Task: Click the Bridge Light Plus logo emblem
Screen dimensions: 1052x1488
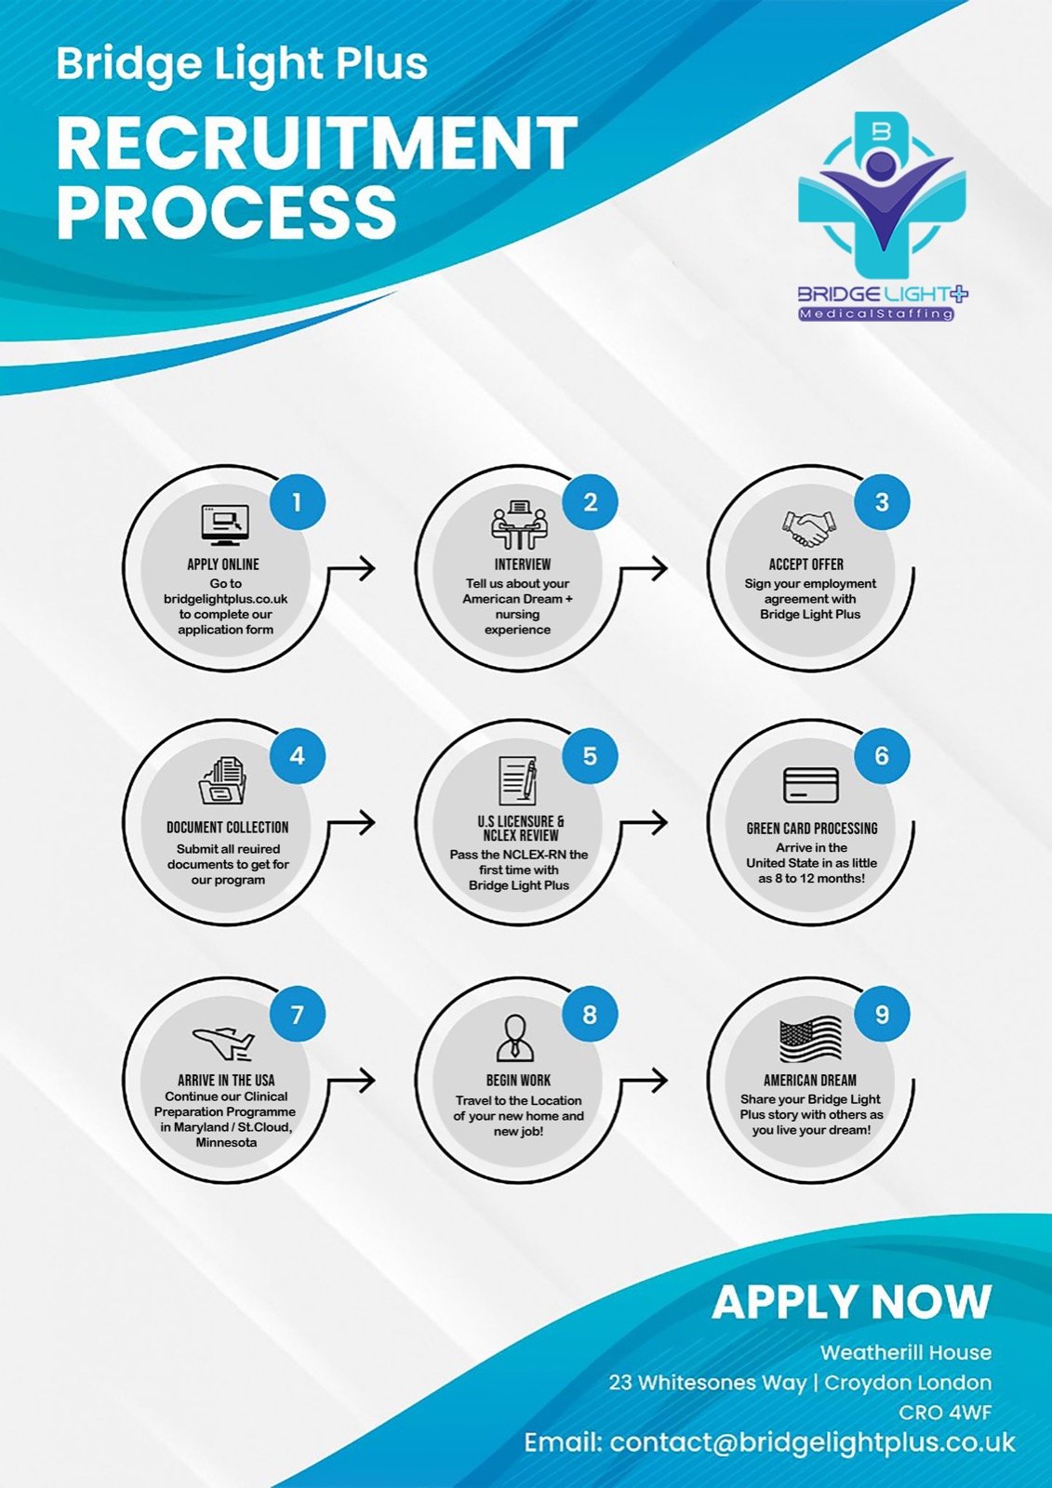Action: pos(883,195)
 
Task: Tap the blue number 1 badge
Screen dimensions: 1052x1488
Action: pos(297,502)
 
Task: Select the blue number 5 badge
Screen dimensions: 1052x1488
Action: pos(590,756)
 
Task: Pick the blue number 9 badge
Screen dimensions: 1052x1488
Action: pos(882,1015)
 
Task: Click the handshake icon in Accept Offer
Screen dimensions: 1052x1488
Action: pos(808,529)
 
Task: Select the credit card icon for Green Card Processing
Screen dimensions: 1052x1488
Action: pos(811,786)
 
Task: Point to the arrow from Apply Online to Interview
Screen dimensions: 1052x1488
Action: pos(352,567)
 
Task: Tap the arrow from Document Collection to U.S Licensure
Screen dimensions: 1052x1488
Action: pos(352,822)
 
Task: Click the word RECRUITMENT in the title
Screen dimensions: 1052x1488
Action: pos(317,143)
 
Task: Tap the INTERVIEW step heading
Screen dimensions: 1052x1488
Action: pos(523,564)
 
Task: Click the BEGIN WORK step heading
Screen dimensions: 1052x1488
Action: pos(518,1080)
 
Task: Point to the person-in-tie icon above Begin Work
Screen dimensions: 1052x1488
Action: pos(515,1038)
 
